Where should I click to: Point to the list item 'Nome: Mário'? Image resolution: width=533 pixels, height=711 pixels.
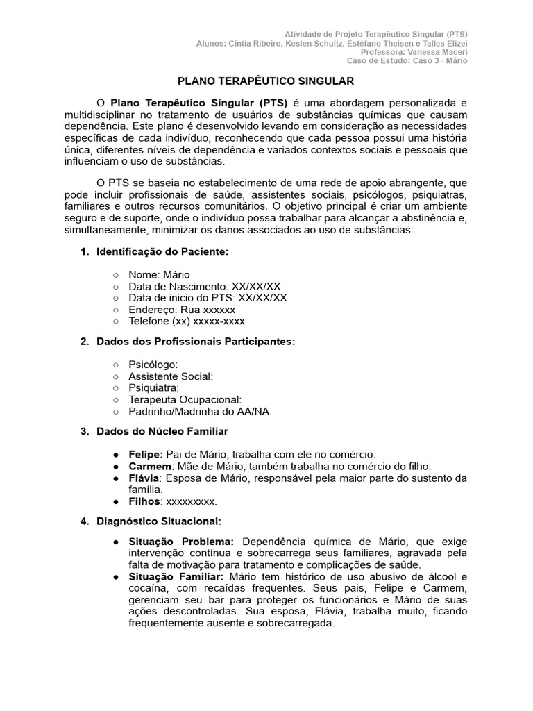(159, 275)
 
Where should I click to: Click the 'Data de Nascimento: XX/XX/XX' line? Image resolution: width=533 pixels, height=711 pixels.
(205, 286)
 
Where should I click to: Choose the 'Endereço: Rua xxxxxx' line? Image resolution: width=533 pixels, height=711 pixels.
(182, 310)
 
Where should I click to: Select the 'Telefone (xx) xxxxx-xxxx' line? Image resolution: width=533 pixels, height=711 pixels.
(187, 321)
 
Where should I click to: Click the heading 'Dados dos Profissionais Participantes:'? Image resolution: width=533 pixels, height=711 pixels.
(196, 341)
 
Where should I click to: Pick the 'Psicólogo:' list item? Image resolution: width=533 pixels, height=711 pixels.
(153, 365)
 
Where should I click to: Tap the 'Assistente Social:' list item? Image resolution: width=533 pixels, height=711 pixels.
(171, 376)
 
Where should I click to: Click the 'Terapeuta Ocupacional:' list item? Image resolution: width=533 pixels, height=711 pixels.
(185, 399)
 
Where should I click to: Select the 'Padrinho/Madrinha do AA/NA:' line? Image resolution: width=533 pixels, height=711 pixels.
(201, 411)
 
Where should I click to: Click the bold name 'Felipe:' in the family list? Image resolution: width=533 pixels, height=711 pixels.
(146, 453)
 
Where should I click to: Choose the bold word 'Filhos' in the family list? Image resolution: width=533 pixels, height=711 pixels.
(144, 501)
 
